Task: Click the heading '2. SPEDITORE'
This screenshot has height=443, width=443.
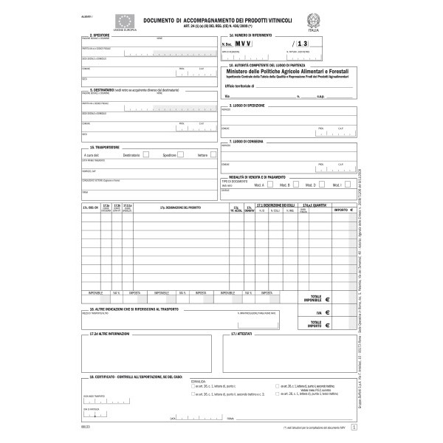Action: click(x=101, y=35)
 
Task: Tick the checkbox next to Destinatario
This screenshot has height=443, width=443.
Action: click(x=148, y=155)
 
